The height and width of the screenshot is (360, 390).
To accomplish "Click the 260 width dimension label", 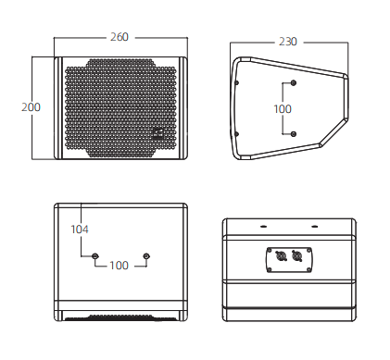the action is (120, 37).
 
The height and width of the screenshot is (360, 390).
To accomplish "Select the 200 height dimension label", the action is (31, 107).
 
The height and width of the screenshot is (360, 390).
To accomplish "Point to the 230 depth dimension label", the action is (288, 42).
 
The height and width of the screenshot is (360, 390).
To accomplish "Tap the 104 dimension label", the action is (80, 230).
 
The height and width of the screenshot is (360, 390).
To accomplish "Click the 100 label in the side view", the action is (283, 108).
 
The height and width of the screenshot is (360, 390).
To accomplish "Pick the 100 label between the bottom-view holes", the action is (119, 265).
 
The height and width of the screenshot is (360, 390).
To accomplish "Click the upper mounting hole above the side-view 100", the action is (294, 82).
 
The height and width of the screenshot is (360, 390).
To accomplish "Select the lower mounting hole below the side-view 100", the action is (294, 134).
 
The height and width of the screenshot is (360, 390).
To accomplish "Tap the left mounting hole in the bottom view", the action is (95, 255).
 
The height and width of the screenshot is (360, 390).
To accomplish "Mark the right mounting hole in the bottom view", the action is (146, 255).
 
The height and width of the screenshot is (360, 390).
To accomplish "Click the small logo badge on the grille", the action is (157, 132).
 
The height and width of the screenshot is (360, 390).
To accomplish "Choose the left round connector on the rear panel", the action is (281, 255).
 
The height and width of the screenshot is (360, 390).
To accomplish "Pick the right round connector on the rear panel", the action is (296, 255).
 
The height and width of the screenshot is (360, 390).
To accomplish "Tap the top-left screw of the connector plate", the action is (270, 250).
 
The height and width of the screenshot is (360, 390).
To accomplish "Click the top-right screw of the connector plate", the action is (308, 250).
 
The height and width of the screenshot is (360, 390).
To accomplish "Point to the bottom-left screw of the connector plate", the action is (270, 270).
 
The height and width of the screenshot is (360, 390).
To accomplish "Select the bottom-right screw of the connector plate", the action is (308, 270).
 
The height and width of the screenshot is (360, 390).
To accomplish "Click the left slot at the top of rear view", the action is (263, 227).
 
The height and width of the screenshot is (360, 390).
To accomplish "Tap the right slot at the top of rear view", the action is (315, 227).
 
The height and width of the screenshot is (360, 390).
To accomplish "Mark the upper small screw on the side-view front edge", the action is (237, 82).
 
